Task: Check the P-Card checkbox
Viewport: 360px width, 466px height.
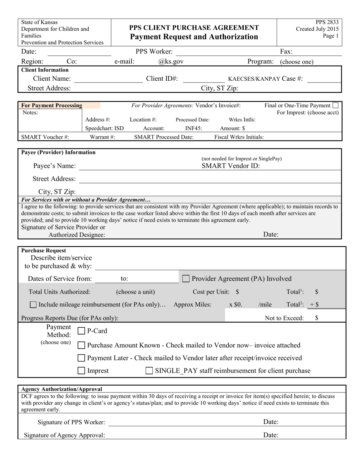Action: [x=81, y=331]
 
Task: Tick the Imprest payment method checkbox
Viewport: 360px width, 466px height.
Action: [x=81, y=371]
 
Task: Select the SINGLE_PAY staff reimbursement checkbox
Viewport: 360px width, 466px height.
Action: [x=149, y=371]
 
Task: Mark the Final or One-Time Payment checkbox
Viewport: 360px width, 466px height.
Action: [x=335, y=105]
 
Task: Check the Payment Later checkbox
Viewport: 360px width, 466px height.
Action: [x=81, y=358]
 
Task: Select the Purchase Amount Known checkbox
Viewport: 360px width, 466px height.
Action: [x=81, y=345]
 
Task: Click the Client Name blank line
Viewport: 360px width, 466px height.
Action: [x=108, y=79]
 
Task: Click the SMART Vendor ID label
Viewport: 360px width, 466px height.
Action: [x=230, y=166]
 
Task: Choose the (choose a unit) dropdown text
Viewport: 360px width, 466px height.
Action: [x=135, y=292]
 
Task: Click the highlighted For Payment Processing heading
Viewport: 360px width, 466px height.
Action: [x=52, y=105]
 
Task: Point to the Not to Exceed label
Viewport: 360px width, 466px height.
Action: [x=284, y=318]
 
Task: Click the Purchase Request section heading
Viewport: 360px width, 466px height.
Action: [x=44, y=250]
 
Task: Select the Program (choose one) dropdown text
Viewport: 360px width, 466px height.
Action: [x=297, y=62]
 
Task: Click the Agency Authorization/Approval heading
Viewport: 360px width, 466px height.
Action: [x=61, y=389]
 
